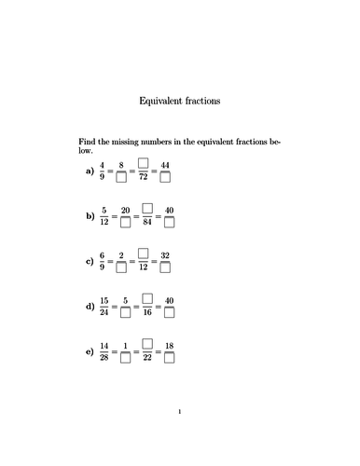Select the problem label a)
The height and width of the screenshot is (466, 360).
click(x=90, y=171)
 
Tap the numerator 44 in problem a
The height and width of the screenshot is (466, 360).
click(x=166, y=165)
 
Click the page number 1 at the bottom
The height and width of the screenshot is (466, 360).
click(x=180, y=436)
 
